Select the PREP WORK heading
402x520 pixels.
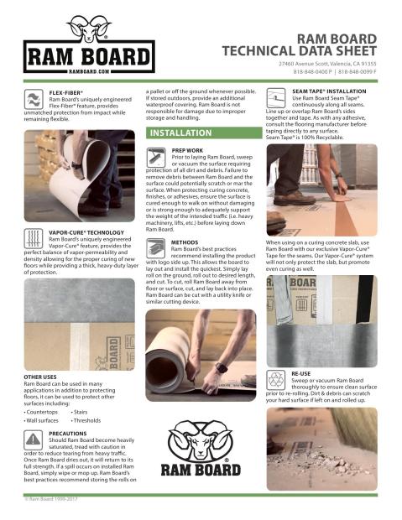(x=189, y=150)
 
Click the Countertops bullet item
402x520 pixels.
(x=43, y=412)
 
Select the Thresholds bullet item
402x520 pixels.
(x=89, y=421)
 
